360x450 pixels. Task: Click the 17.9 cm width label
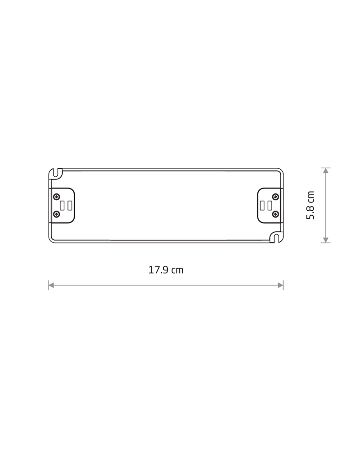click(166, 270)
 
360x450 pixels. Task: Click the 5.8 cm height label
click(310, 205)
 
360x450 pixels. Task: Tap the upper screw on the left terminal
click(57, 197)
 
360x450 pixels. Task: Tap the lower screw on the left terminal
click(57, 214)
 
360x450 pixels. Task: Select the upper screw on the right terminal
click(275, 197)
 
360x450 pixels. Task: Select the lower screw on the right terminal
click(275, 214)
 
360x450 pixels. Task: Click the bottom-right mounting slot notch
click(275, 237)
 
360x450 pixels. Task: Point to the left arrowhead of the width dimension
click(51, 285)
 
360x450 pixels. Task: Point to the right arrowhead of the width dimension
click(281, 285)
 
